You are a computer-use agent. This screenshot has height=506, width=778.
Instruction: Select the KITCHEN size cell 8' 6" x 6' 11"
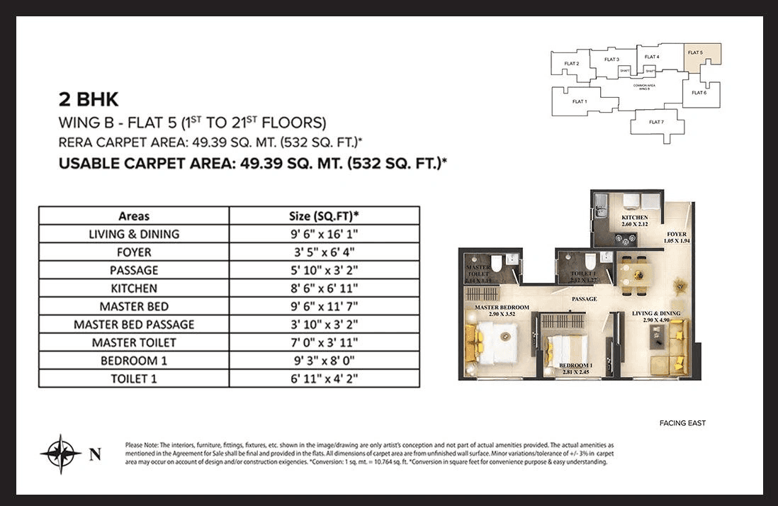click(324, 288)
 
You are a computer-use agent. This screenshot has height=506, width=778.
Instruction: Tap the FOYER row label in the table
click(134, 252)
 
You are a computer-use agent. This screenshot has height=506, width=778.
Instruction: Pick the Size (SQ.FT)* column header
click(324, 215)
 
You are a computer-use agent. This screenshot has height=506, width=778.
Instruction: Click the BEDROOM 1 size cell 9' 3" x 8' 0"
click(324, 361)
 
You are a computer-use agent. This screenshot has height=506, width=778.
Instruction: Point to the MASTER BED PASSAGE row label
click(134, 325)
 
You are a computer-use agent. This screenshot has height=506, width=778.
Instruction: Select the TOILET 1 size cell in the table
click(324, 379)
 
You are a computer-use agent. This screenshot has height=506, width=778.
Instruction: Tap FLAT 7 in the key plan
click(656, 122)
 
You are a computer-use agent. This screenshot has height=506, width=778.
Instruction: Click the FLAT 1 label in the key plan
click(580, 101)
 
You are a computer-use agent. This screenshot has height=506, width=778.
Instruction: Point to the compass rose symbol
click(60, 454)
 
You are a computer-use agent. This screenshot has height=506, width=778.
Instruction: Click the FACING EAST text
click(682, 423)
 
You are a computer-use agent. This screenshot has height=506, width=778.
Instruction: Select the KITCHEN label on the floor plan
click(635, 218)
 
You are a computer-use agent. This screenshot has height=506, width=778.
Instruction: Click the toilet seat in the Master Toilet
click(497, 264)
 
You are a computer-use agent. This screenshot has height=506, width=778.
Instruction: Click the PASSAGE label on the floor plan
click(585, 299)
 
